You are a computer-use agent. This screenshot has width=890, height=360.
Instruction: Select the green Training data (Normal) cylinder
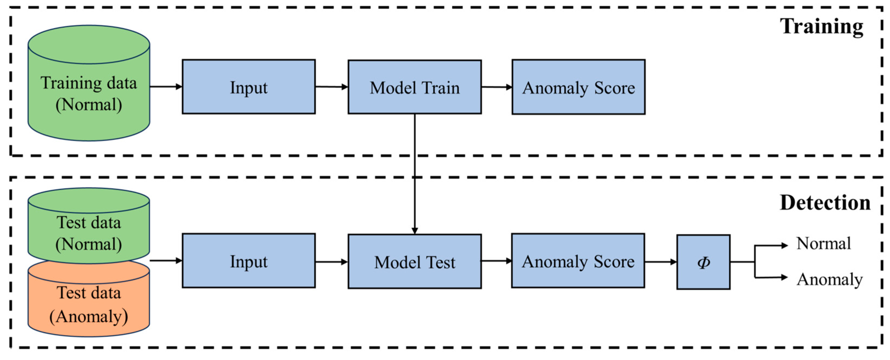point(89,93)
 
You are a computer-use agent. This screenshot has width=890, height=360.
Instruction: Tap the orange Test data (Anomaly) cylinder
point(89,304)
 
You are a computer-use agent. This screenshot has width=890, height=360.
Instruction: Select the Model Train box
point(415,87)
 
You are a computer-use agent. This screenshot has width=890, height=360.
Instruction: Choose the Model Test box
point(415,262)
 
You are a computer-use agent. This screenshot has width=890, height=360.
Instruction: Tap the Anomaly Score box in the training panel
point(578,87)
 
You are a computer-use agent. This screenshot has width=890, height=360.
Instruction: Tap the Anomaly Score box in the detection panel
point(578,261)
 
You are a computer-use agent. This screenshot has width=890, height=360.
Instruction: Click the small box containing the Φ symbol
point(703,262)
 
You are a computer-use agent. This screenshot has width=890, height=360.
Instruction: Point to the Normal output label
point(823,243)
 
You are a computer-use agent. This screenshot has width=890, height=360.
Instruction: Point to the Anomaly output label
point(829,279)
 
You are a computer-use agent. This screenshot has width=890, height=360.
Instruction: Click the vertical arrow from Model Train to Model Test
point(415,173)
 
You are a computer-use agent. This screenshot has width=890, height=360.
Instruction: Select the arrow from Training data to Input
point(166,86)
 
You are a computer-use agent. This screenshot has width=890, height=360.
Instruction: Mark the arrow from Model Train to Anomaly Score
point(496,87)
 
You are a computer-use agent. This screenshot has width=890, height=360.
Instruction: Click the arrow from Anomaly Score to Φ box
point(660,262)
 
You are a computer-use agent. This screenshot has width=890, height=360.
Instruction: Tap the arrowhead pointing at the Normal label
point(784,246)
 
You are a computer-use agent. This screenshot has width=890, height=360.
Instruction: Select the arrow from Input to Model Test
point(331,262)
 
